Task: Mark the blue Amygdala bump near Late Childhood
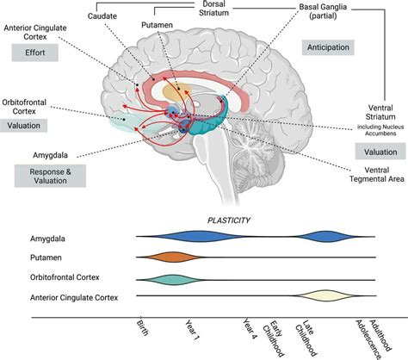(323, 236)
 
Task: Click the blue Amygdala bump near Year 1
(201, 236)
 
